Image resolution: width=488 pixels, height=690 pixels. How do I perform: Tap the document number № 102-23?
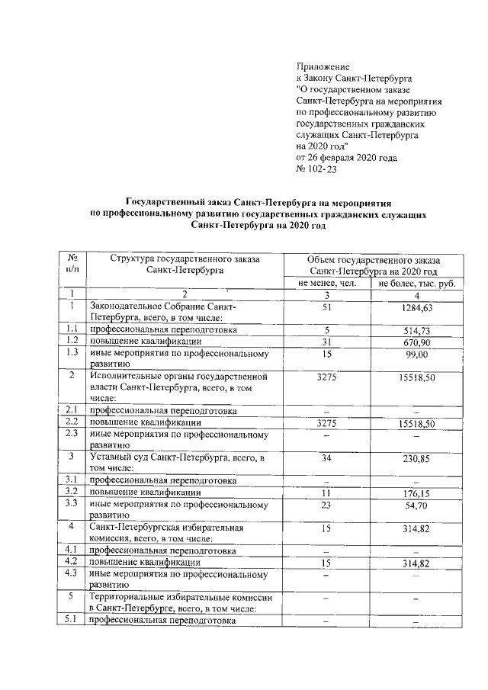point(316,169)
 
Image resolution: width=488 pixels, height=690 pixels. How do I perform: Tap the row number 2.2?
point(72,422)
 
